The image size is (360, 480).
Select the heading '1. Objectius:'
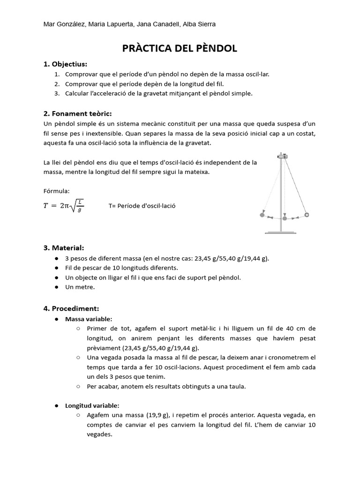[65, 64]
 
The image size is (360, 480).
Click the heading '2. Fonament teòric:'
[77, 113]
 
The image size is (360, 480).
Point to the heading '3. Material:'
[64, 247]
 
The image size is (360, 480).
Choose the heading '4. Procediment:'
[71, 308]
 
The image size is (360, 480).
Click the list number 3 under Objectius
[56, 93]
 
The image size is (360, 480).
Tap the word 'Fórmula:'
[56, 191]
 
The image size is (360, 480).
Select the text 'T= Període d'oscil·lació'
[142, 206]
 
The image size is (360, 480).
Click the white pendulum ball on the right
[307, 215]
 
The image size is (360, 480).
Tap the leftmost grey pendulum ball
[262, 215]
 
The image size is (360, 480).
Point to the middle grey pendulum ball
[284, 218]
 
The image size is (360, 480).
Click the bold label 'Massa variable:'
[89, 319]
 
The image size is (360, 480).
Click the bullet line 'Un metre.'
[80, 287]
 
